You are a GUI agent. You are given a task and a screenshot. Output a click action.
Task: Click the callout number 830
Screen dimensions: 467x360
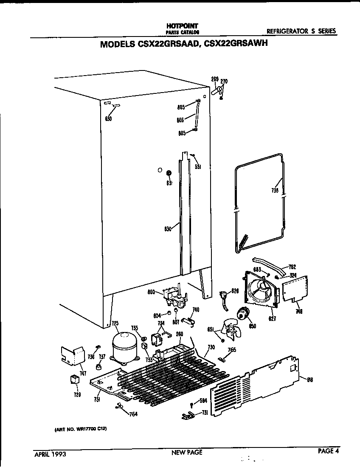point(167,229)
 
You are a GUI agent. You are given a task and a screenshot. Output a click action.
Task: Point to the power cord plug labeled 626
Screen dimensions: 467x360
point(222,296)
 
